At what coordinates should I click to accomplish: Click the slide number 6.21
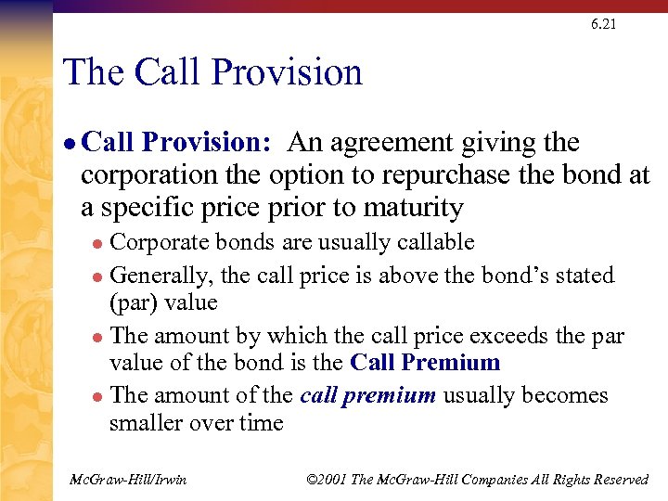click(602, 24)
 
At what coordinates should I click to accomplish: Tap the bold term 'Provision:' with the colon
click(206, 143)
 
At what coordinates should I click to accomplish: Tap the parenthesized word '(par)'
click(136, 303)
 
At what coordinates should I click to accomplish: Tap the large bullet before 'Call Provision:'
click(69, 145)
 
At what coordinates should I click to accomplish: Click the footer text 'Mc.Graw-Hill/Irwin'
click(129, 479)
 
